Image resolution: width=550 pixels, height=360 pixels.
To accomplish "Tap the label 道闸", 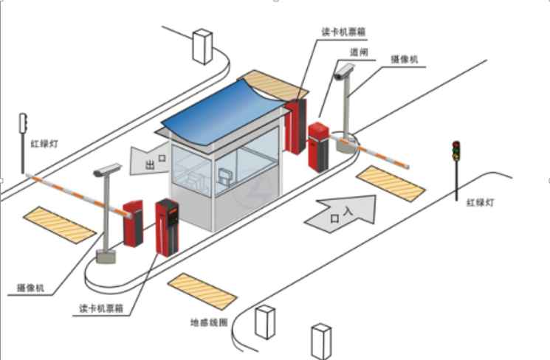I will pyautogui.click(x=360, y=53).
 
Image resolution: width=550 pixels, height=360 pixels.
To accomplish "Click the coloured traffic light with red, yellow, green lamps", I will pyautogui.click(x=456, y=150).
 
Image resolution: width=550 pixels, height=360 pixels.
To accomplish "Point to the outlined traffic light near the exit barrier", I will pyautogui.click(x=23, y=123).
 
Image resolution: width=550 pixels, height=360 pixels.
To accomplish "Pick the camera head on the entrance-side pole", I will pyautogui.click(x=344, y=72).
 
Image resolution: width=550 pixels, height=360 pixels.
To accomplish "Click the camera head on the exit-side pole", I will pyautogui.click(x=107, y=170).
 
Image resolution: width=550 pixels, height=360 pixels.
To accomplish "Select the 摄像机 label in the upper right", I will pyautogui.click(x=408, y=58).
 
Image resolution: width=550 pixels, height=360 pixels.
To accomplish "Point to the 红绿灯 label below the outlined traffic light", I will pyautogui.click(x=34, y=143).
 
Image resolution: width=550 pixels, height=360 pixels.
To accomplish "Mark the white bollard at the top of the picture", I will pyautogui.click(x=202, y=46).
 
